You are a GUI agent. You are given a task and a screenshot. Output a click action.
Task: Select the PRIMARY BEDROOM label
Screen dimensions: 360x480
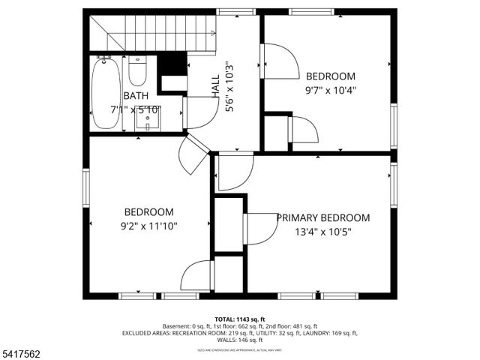(323, 217)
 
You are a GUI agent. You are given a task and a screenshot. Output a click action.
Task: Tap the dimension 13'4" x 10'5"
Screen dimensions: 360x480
(323, 232)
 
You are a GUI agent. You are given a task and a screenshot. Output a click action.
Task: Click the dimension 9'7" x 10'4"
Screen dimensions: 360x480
(330, 90)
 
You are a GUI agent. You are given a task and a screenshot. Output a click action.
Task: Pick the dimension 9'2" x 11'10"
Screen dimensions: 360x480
(148, 225)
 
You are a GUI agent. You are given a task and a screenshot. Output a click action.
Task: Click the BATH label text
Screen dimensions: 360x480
(136, 95)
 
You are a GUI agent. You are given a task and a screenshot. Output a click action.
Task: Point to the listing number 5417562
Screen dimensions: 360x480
(23, 352)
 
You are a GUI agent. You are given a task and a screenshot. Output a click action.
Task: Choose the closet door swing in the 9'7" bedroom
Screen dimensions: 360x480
(304, 130)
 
